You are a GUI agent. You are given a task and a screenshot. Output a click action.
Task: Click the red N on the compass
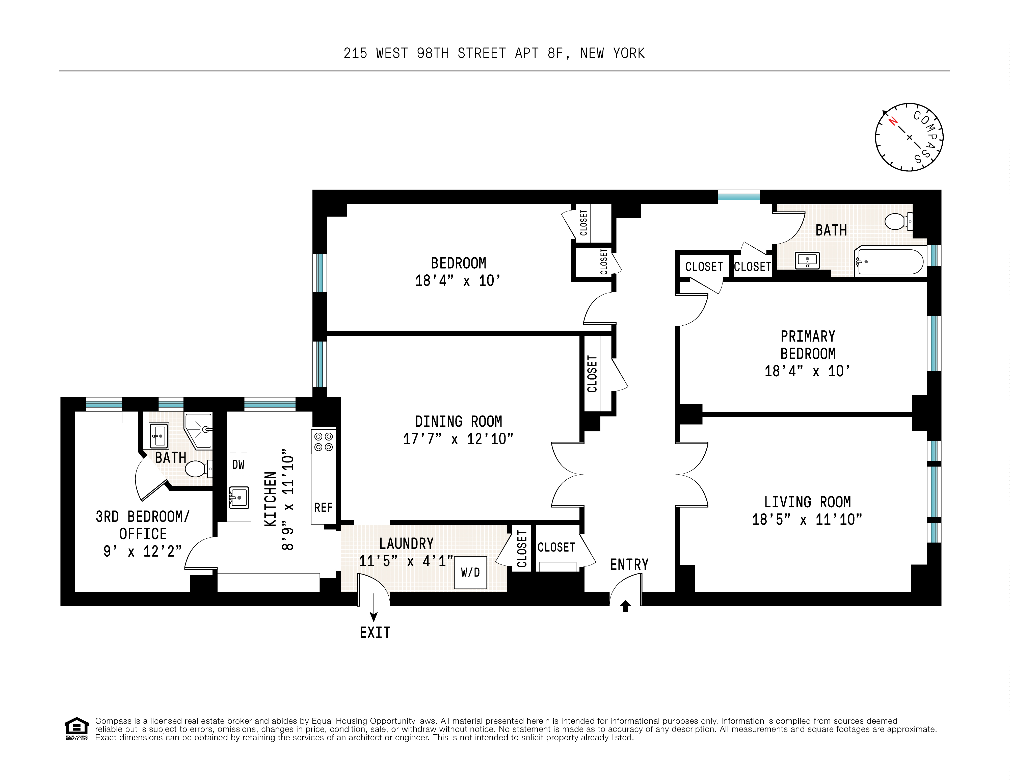(x=893, y=121)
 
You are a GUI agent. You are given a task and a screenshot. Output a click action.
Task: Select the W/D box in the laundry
(x=470, y=572)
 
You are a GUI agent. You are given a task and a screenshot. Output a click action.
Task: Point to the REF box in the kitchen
(x=323, y=508)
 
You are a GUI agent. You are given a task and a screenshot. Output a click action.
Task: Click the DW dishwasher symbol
(x=238, y=464)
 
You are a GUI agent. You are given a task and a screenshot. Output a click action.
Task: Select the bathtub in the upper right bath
(x=889, y=262)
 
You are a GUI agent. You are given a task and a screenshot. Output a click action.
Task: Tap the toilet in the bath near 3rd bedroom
(x=198, y=469)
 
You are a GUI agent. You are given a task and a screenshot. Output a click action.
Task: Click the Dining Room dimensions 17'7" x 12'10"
(x=458, y=438)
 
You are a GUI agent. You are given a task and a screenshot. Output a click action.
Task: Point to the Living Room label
(x=807, y=502)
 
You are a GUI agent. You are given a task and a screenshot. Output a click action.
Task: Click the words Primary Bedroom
(x=807, y=345)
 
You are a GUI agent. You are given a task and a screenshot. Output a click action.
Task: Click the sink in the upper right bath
(x=807, y=261)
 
